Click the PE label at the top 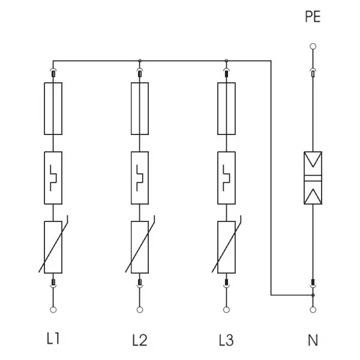pyautogui.click(x=313, y=17)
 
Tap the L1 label pyautogui.click(x=53, y=338)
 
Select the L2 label pyautogui.click(x=140, y=340)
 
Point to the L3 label pyautogui.click(x=226, y=340)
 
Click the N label pyautogui.click(x=313, y=340)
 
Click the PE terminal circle pyautogui.click(x=313, y=46)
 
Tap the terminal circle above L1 pyautogui.click(x=53, y=310)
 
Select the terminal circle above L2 pyautogui.click(x=140, y=310)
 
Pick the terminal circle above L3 pyautogui.click(x=226, y=310)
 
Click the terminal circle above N pyautogui.click(x=313, y=310)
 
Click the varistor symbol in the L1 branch pyautogui.click(x=53, y=247)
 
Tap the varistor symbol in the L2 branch pyautogui.click(x=140, y=247)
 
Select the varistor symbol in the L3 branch pyautogui.click(x=226, y=247)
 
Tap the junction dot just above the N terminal pyautogui.click(x=313, y=295)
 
